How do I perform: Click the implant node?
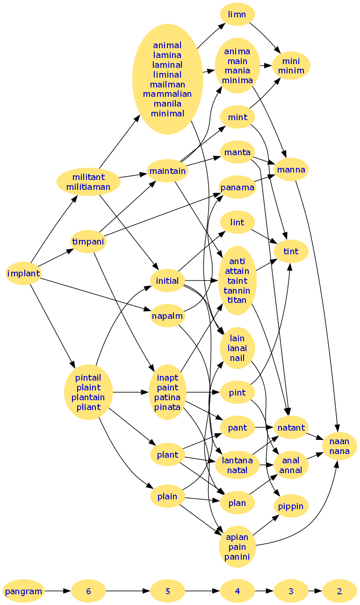click(23, 273)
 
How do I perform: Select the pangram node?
click(23, 591)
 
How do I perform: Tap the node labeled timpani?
click(88, 242)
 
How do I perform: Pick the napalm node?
click(167, 316)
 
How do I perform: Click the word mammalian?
click(167, 94)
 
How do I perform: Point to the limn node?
click(237, 14)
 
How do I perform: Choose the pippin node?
click(291, 506)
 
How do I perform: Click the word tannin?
click(237, 290)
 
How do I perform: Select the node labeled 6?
click(88, 591)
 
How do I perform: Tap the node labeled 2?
click(339, 591)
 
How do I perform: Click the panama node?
click(238, 187)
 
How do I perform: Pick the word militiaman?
click(88, 187)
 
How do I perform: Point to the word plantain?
click(88, 397)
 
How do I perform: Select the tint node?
click(291, 252)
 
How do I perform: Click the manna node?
click(291, 170)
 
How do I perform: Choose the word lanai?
click(238, 348)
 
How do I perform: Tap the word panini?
click(237, 556)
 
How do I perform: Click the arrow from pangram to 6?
click(58, 591)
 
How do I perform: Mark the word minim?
click(291, 71)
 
